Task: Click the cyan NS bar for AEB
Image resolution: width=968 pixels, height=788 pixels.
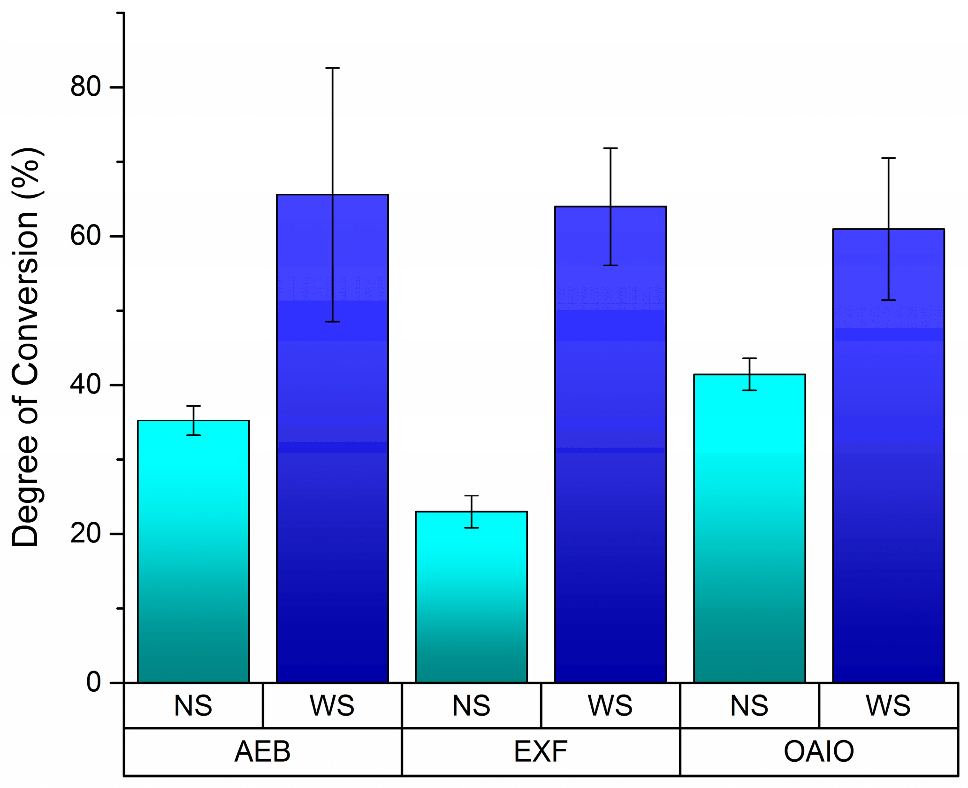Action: (x=193, y=552)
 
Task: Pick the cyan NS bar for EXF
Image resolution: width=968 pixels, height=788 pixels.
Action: (x=471, y=597)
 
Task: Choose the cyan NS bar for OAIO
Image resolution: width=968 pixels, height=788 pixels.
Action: (x=749, y=528)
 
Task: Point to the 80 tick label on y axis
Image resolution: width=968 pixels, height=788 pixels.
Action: (x=85, y=87)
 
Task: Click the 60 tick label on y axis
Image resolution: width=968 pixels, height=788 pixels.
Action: (x=85, y=236)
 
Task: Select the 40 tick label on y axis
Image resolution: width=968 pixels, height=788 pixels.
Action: (x=85, y=385)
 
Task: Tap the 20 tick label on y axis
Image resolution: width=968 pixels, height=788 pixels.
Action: (x=85, y=533)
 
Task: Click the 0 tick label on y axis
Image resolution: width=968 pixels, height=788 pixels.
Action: (x=93, y=682)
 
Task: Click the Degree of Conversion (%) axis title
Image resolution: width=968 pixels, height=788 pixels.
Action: (x=26, y=348)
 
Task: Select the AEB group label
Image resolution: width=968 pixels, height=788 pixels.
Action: (x=262, y=751)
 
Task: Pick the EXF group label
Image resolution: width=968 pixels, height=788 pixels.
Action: (x=541, y=751)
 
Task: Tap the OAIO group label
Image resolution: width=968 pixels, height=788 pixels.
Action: (x=819, y=751)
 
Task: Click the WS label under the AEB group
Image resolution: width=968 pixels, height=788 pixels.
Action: (x=332, y=706)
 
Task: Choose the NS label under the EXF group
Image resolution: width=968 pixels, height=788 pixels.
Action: (x=471, y=706)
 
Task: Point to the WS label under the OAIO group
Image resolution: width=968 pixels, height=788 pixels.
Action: (x=888, y=706)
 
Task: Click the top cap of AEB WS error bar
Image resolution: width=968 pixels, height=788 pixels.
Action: (x=332, y=68)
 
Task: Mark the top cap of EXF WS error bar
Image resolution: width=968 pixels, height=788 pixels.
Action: (x=610, y=148)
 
